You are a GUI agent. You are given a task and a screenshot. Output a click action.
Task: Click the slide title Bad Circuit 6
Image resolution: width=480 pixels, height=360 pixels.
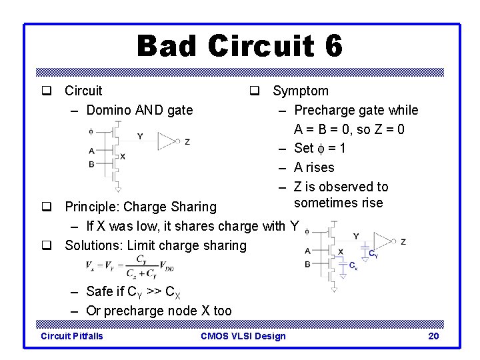pyautogui.click(x=240, y=46)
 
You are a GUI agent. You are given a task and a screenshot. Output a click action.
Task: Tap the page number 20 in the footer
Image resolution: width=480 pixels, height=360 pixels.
pyautogui.click(x=433, y=336)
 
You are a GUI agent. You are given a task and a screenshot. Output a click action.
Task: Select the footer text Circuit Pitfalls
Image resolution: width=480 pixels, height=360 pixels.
pyautogui.click(x=72, y=336)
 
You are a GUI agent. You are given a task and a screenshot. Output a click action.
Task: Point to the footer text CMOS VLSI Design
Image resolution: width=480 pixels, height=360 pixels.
pyautogui.click(x=243, y=336)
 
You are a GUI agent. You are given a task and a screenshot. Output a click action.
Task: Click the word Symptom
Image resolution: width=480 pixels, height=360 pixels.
pyautogui.click(x=300, y=91)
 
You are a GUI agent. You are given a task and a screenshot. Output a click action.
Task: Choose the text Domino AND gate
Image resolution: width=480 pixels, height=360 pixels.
pyautogui.click(x=139, y=110)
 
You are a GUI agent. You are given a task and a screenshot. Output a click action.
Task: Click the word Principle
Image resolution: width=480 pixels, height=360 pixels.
pyautogui.click(x=93, y=207)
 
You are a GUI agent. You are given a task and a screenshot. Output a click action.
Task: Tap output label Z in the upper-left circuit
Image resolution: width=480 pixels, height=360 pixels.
pyautogui.click(x=187, y=141)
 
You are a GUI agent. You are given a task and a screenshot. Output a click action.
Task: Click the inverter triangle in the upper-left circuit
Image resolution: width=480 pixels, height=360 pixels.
pyautogui.click(x=167, y=141)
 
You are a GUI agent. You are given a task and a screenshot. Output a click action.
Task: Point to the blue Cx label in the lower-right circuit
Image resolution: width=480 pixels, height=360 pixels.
pyautogui.click(x=353, y=265)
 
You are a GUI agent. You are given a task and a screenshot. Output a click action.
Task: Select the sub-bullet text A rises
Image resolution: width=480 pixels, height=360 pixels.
pyautogui.click(x=314, y=167)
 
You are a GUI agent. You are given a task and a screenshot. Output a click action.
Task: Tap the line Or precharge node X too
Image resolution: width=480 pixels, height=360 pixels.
pyautogui.click(x=159, y=311)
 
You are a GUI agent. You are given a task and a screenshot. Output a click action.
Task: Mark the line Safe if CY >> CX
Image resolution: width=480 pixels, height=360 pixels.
pyautogui.click(x=133, y=292)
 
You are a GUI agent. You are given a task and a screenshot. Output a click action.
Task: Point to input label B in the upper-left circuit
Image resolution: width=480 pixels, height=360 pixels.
pyautogui.click(x=91, y=164)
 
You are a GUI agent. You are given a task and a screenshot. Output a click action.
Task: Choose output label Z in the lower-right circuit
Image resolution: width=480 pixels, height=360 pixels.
pyautogui.click(x=403, y=241)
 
